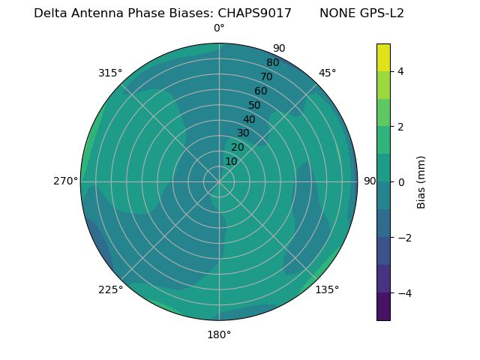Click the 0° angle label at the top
point(219,28)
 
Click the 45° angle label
point(327,73)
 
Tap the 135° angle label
point(327,289)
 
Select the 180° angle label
point(219,334)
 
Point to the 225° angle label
point(110,289)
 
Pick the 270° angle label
point(66,181)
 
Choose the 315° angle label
point(110,73)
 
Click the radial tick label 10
point(231,161)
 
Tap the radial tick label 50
point(255,105)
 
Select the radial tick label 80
point(272,63)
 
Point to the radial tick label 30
point(243,133)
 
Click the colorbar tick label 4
point(401,71)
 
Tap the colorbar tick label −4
point(404,292)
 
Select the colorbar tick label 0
point(401,181)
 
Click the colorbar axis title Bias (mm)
point(421,181)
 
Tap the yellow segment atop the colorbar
point(383,57)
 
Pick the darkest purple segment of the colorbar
point(383,307)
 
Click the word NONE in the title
point(335,13)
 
